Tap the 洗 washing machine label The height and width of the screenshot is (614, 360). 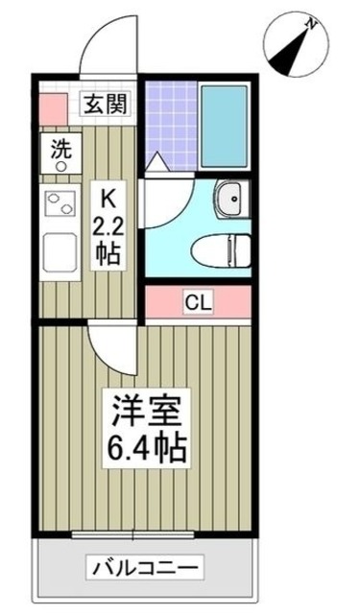(60, 150)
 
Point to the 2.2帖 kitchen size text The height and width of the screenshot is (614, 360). (108, 241)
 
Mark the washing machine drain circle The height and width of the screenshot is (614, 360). (60, 167)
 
